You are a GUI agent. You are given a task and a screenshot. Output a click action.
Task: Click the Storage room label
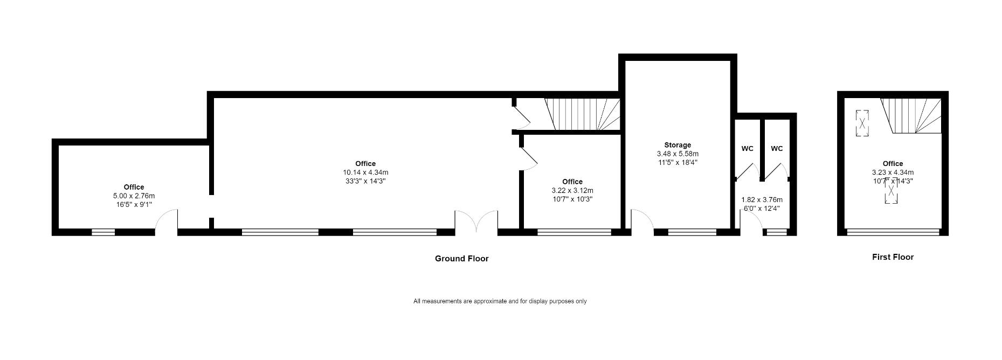tap(677, 145)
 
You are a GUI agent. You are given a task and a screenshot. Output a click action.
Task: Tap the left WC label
tap(747, 149)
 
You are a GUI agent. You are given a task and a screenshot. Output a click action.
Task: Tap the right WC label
tap(776, 149)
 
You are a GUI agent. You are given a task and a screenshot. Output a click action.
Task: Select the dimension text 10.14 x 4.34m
tap(365, 172)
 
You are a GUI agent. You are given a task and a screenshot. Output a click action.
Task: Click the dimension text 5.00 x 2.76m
tap(134, 196)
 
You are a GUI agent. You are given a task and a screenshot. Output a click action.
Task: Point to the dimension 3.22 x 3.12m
tap(572, 190)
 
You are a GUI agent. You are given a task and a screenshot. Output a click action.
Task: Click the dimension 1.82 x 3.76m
tap(762, 199)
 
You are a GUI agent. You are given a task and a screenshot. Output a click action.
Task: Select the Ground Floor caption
tap(461, 259)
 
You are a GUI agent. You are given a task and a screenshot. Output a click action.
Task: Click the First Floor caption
tap(893, 257)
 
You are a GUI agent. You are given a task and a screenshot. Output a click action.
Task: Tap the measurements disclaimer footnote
tap(500, 301)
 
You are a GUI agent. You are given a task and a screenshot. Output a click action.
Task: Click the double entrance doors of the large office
tap(476, 223)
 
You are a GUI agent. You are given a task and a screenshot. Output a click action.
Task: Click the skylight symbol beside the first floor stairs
tap(862, 123)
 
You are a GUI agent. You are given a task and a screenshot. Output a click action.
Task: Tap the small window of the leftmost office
tap(103, 233)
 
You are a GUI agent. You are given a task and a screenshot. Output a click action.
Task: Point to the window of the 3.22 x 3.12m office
tap(574, 233)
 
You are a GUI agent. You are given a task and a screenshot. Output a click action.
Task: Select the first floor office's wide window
tap(893, 232)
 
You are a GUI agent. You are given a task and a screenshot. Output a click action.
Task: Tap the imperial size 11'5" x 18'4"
tap(677, 162)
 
